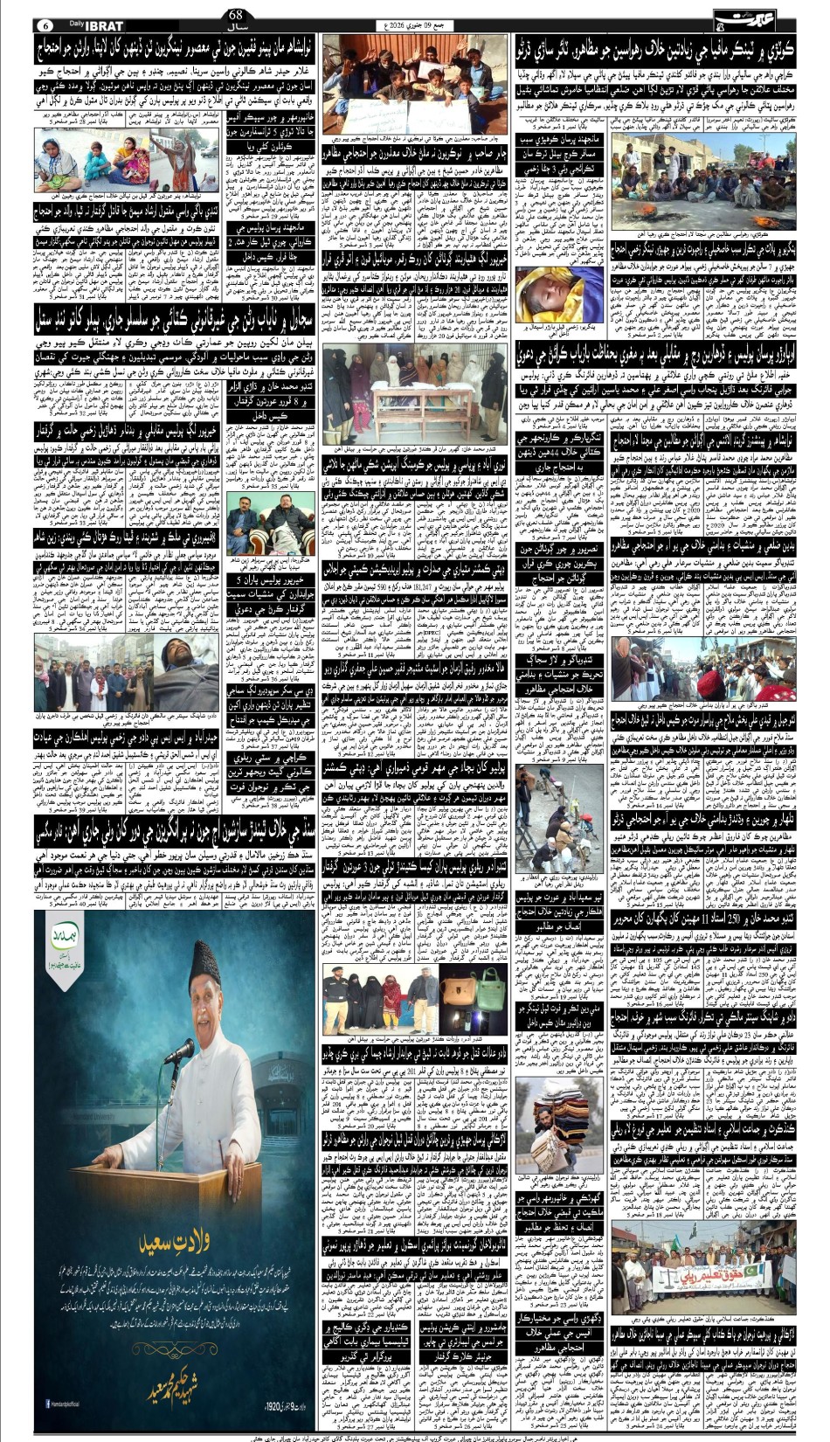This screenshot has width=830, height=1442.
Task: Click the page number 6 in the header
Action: tap(45, 24)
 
